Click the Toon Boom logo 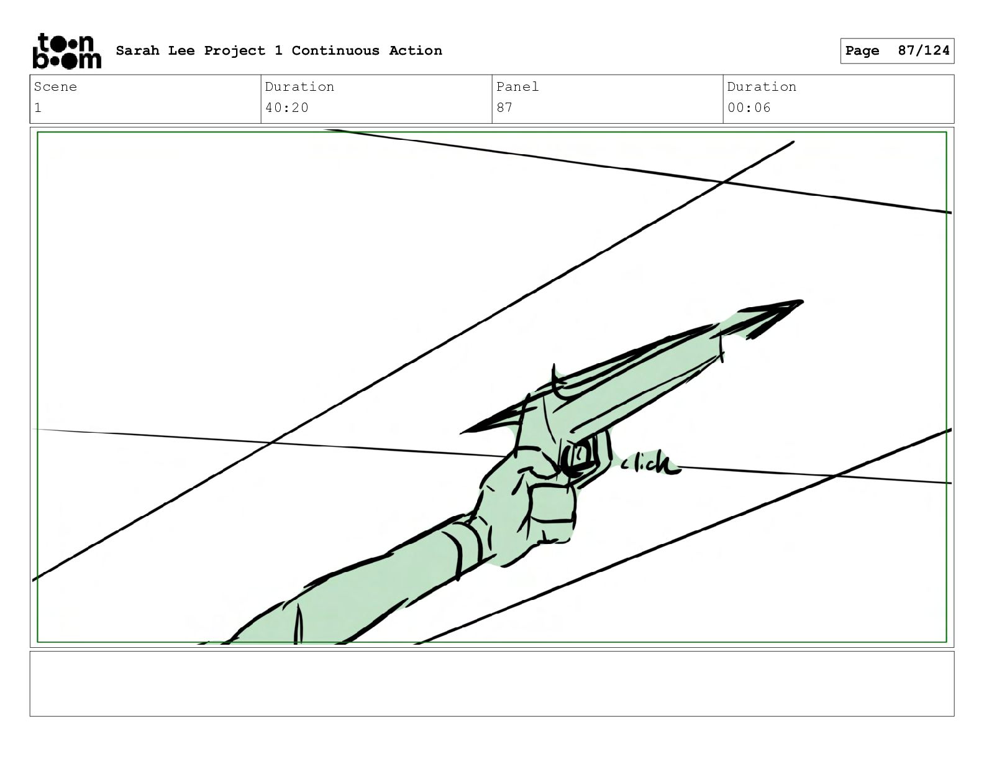(x=67, y=51)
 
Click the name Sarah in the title (x=138, y=50)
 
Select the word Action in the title (x=415, y=50)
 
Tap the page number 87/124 (x=924, y=50)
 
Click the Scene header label (x=55, y=86)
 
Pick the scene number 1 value (x=38, y=108)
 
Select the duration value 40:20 (x=286, y=108)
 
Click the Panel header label (x=517, y=86)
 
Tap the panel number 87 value (x=504, y=108)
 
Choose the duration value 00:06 (x=749, y=108)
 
